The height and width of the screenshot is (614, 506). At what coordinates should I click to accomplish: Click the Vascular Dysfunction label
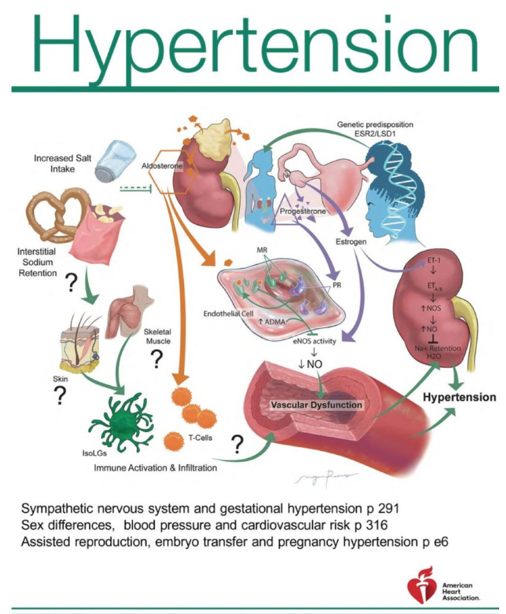pos(314,404)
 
